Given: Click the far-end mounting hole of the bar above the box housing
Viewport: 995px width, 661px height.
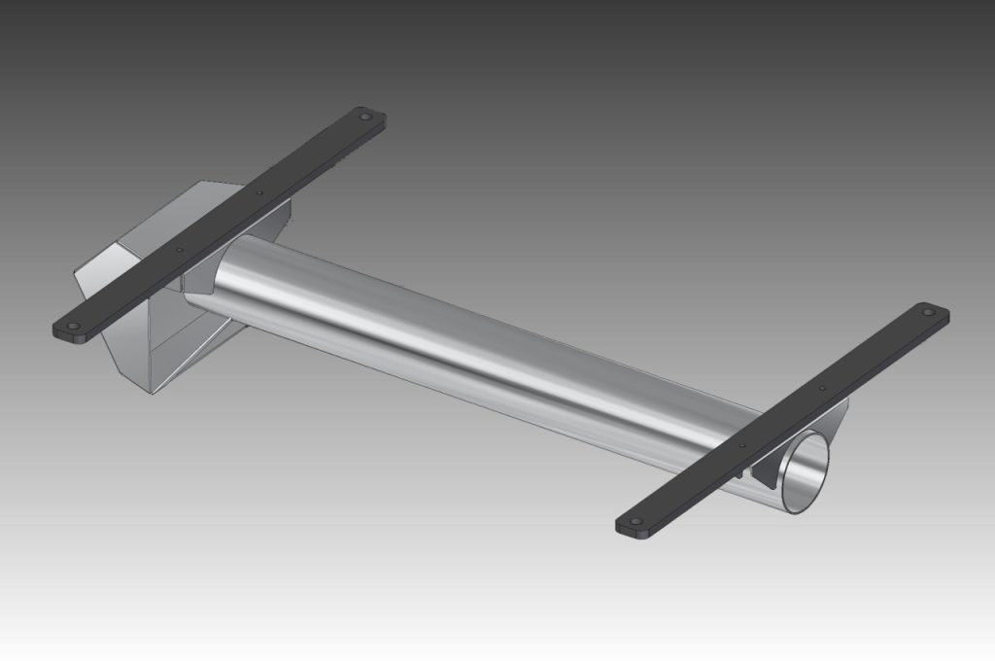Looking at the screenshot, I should pyautogui.click(x=365, y=117).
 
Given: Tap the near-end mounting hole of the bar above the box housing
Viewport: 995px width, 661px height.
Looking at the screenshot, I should pyautogui.click(x=70, y=327).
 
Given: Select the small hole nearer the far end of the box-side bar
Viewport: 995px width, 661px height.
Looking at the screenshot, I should pyautogui.click(x=258, y=192).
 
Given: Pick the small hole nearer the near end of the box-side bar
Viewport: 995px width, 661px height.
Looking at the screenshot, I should pyautogui.click(x=179, y=250).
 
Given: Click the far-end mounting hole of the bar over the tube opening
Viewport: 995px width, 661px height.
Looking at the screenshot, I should pyautogui.click(x=929, y=313).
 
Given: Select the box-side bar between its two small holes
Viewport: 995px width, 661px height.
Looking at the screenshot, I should pyautogui.click(x=219, y=222).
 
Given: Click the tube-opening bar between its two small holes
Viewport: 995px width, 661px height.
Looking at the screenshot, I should pyautogui.click(x=783, y=417).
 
